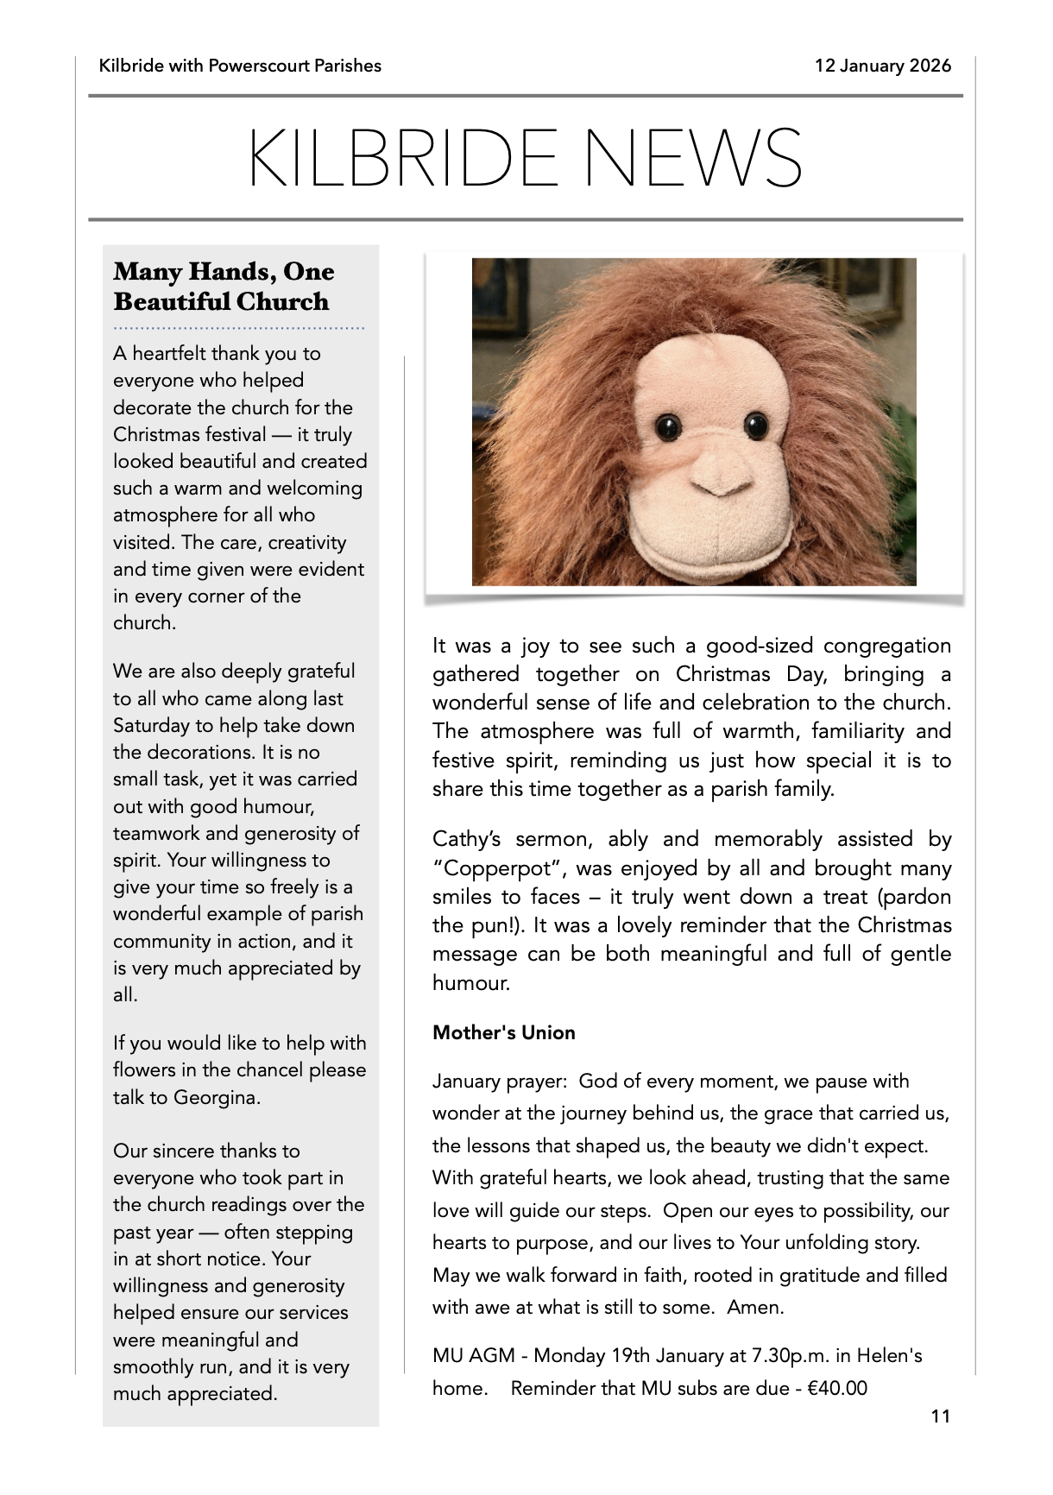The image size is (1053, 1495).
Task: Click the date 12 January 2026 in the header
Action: point(882,66)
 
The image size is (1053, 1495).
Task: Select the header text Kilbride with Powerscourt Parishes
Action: point(240,66)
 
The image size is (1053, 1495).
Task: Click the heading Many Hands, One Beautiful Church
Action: point(223,287)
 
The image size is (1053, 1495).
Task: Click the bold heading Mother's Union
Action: point(503,1032)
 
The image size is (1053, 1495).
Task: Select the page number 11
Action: point(940,1416)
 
